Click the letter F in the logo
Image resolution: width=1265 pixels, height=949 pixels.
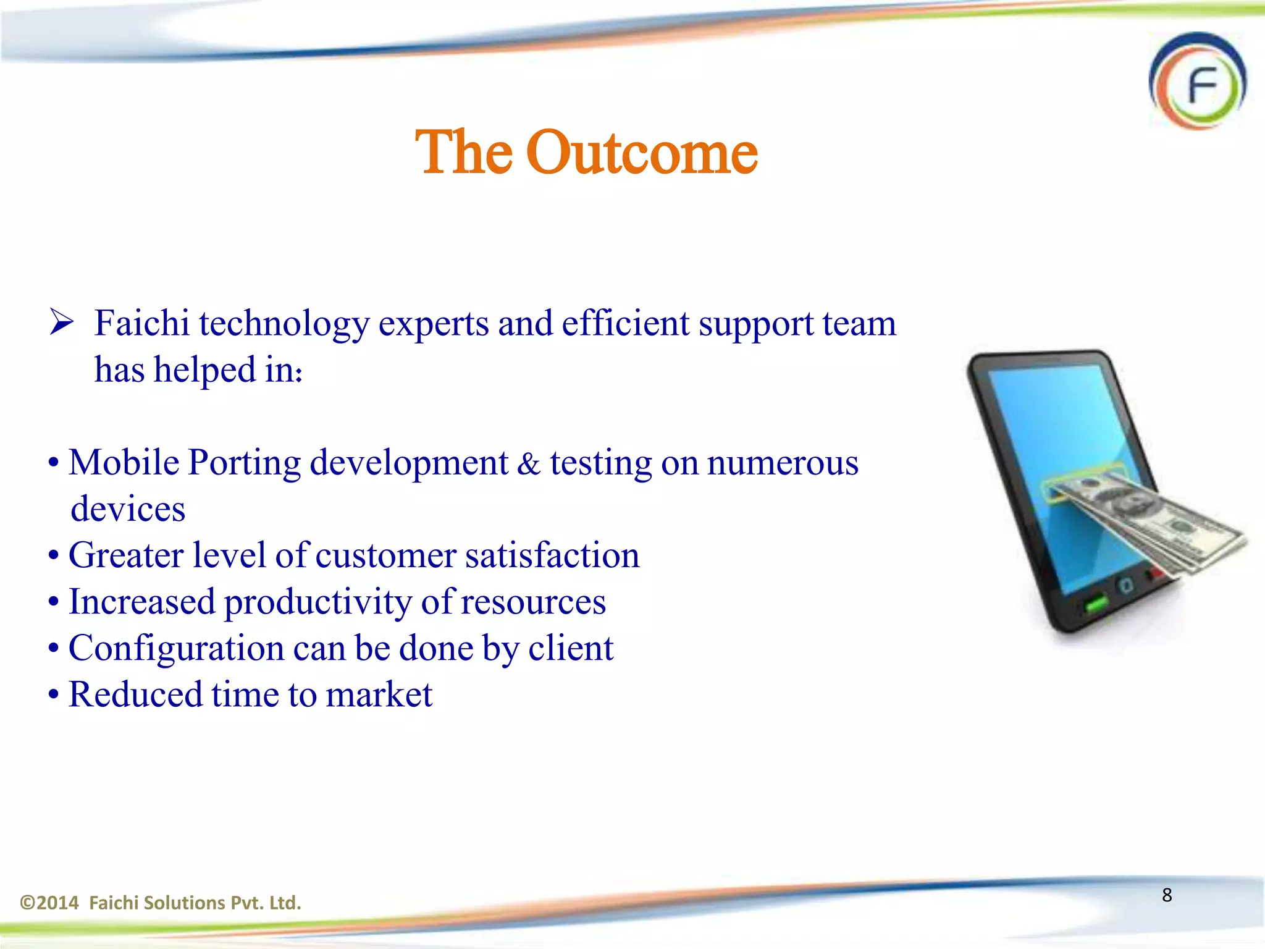click(x=1202, y=86)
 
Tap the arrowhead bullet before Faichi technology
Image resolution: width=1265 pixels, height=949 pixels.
click(x=62, y=323)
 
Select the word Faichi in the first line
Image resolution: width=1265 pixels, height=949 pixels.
click(x=141, y=324)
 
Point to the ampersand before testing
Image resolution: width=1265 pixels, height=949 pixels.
click(x=528, y=464)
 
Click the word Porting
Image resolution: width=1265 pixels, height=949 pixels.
click(x=244, y=463)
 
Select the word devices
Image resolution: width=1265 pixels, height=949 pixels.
click(x=128, y=510)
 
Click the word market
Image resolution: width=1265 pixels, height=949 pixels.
click(x=379, y=695)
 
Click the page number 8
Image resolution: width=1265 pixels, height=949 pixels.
click(x=1167, y=895)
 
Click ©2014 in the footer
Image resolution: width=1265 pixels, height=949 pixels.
click(x=49, y=903)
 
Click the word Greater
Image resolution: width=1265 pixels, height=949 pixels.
click(x=125, y=555)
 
